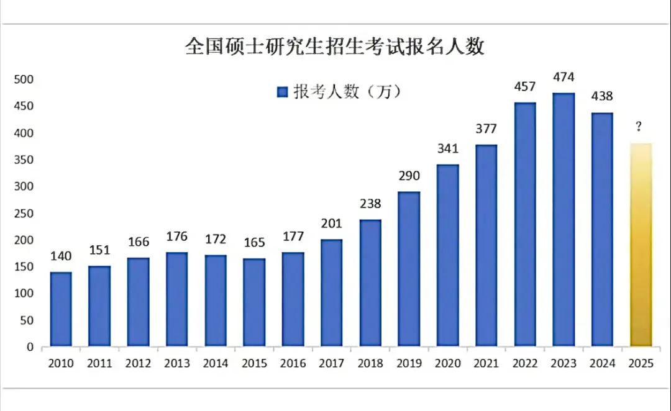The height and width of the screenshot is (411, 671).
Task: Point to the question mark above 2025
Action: [639, 127]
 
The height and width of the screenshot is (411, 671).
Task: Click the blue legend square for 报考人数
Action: [281, 93]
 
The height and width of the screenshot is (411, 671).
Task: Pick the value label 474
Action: [564, 78]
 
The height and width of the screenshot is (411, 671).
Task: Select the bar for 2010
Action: [61, 309]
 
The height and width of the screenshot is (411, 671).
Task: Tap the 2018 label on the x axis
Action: [370, 364]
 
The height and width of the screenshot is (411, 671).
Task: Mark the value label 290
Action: [409, 176]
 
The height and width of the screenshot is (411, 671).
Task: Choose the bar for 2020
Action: [447, 255]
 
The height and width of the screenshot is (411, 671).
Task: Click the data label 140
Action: [61, 256]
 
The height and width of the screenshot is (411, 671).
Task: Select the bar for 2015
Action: [254, 302]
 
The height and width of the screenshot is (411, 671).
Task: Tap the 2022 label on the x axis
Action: [524, 364]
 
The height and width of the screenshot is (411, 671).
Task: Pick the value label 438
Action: [602, 97]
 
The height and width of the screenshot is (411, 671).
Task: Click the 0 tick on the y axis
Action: [29, 348]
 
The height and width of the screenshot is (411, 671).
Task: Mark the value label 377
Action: [486, 129]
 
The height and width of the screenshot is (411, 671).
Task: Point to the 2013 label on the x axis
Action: [177, 364]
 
